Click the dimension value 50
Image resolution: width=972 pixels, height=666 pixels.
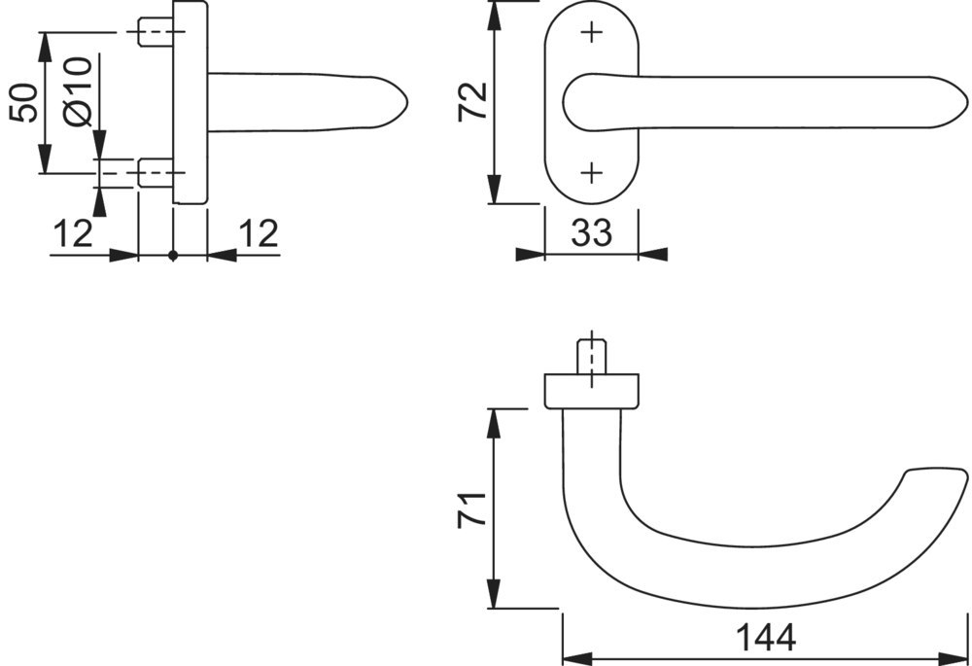click(x=25, y=102)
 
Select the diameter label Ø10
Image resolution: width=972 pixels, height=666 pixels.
click(x=79, y=91)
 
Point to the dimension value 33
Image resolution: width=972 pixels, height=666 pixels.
click(x=591, y=232)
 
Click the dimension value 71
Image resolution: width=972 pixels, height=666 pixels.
click(x=472, y=509)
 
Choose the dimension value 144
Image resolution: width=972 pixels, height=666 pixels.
click(x=766, y=637)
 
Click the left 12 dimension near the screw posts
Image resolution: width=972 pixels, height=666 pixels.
click(x=73, y=233)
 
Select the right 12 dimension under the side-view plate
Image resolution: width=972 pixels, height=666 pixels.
click(x=259, y=233)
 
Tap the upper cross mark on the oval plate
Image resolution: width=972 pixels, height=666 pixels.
click(x=593, y=32)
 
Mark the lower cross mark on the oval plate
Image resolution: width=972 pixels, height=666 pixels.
click(x=593, y=173)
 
